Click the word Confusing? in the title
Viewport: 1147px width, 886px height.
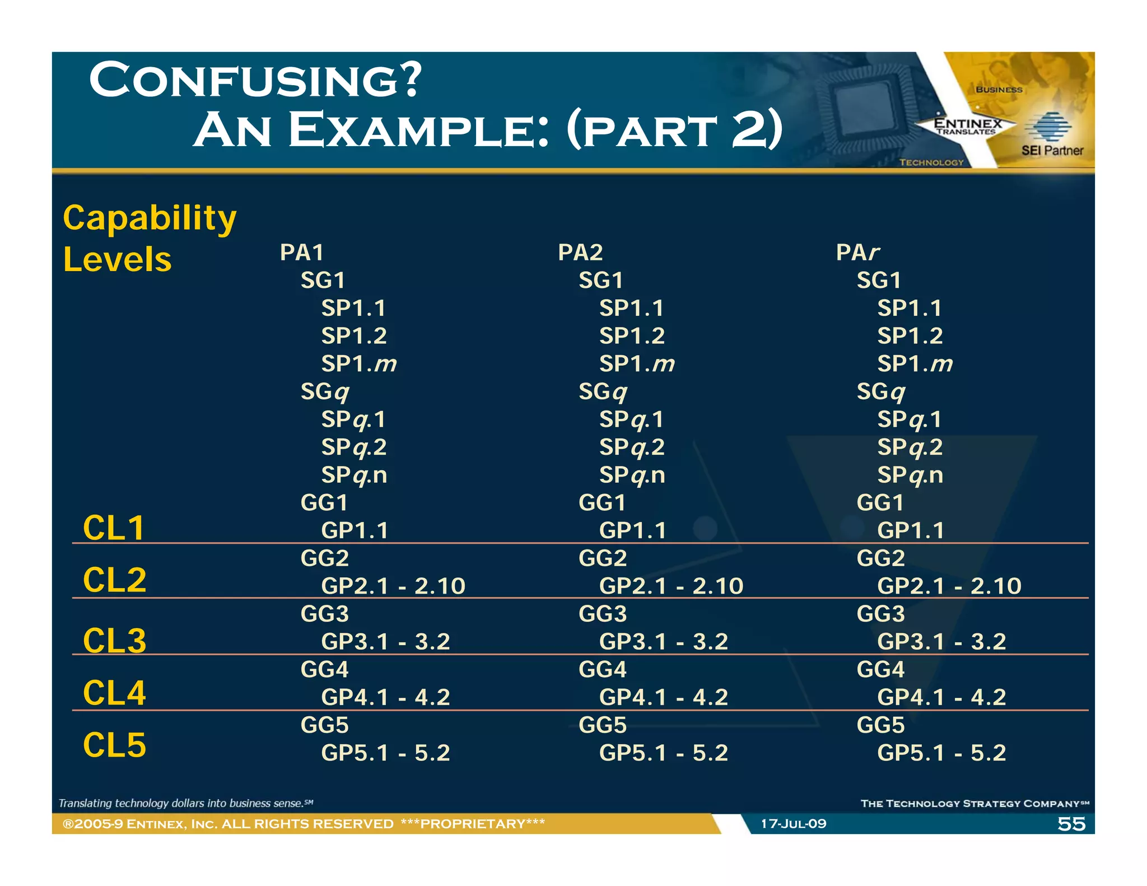[x=255, y=80]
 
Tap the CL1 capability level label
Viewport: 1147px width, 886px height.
[x=114, y=528]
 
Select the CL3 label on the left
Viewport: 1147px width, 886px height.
[x=114, y=640]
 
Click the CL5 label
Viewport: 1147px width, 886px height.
[x=114, y=745]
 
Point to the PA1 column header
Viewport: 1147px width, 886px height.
[x=302, y=253]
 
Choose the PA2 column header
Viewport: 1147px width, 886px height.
[x=580, y=253]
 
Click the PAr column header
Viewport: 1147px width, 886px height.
[x=857, y=253]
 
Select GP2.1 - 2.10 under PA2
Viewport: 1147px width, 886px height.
[x=671, y=586]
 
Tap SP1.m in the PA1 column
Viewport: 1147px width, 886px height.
[x=359, y=364]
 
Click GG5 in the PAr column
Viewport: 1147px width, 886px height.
[x=880, y=725]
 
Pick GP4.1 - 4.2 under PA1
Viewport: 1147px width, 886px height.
[x=385, y=697]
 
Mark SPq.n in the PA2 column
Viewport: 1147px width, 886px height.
[x=632, y=475]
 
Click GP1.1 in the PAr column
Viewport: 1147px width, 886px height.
[x=911, y=530]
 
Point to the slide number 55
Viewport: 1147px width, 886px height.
[x=1071, y=824]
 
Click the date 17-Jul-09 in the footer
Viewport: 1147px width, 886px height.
[x=793, y=824]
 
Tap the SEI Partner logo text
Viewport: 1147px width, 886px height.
[x=1052, y=150]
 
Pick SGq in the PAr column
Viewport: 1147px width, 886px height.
[x=880, y=391]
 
